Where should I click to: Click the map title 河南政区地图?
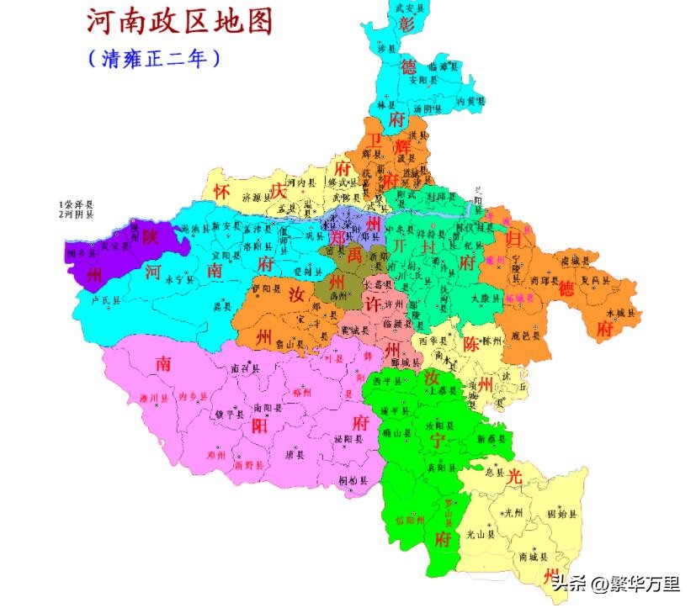pos(180,22)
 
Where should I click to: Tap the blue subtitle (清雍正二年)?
pos(156,59)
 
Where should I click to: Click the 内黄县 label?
pos(470,101)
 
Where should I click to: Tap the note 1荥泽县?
pos(77,204)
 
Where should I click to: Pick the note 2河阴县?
pos(77,214)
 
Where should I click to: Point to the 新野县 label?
pos(249,464)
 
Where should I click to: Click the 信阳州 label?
pos(407,520)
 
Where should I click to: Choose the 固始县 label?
pos(561,512)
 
